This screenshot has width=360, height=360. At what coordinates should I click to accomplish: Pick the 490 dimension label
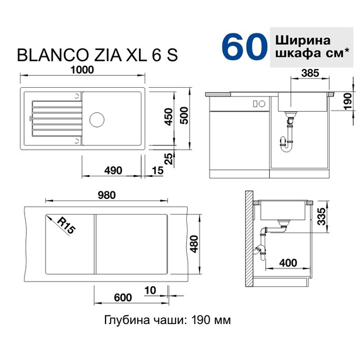[x=112, y=170]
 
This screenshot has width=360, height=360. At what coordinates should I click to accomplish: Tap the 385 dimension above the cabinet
[x=309, y=73]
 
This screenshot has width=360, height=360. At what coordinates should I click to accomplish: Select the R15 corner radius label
[x=66, y=225]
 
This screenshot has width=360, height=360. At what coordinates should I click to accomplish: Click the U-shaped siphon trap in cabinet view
[x=287, y=144]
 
